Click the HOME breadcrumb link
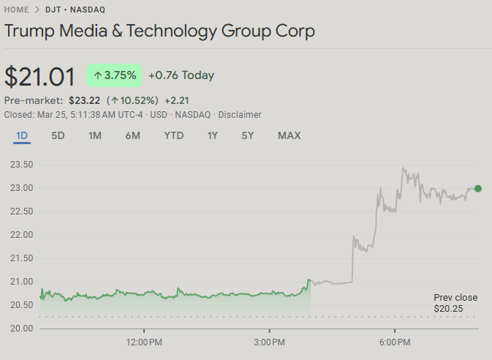[17, 10]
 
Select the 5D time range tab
[58, 135]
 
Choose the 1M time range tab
[95, 135]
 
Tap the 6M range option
[132, 135]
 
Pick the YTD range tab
[174, 135]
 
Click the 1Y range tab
[213, 135]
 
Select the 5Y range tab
[248, 135]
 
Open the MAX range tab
[289, 135]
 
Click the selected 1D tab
[22, 135]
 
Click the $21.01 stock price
[40, 77]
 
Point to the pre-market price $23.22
[83, 100]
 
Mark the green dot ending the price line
[478, 188]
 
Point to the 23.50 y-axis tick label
[21, 165]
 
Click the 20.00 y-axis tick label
[21, 328]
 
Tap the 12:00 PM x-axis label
[144, 342]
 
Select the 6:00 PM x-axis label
[394, 342]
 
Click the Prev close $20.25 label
[455, 303]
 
